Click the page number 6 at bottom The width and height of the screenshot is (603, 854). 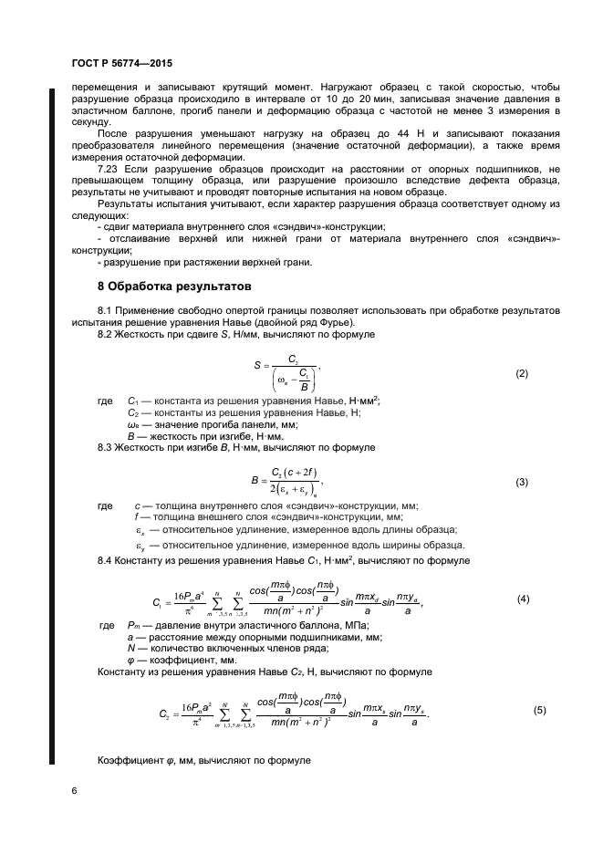point(73,791)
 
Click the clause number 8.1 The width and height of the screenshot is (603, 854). point(106,311)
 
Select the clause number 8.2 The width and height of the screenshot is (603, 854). point(106,335)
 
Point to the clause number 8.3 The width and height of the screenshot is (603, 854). point(106,448)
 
